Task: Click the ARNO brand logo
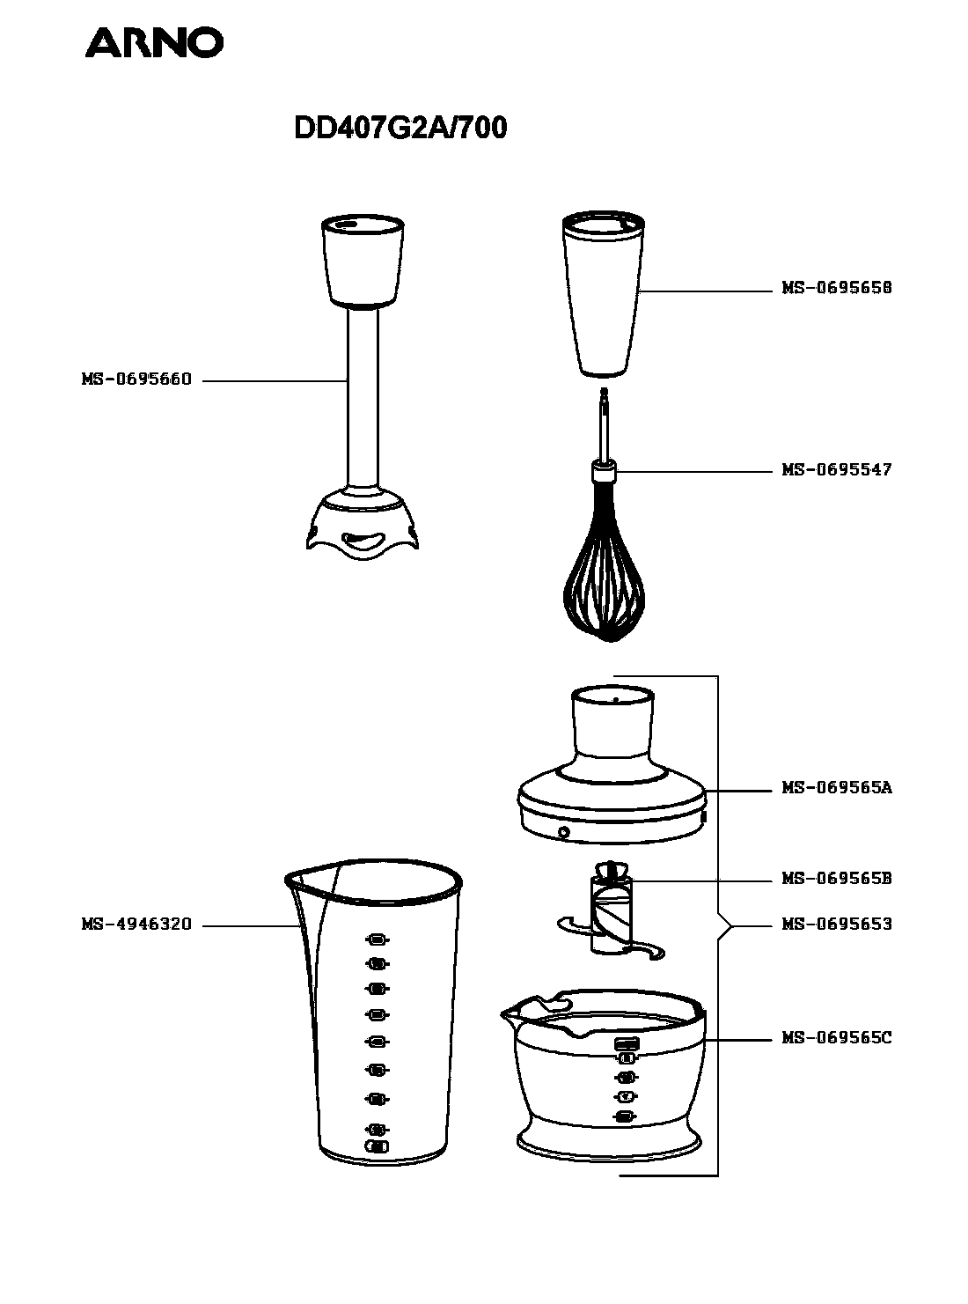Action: (153, 42)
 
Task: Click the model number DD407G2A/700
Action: (400, 129)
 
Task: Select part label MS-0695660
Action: (136, 380)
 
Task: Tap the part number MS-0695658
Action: (837, 288)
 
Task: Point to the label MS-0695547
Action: (837, 470)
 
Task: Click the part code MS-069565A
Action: (837, 788)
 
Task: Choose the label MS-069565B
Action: (837, 879)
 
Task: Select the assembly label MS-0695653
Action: (837, 925)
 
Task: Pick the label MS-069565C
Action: (837, 1038)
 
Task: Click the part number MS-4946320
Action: (136, 925)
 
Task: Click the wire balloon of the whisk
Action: (604, 581)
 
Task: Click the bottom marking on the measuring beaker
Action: (377, 1146)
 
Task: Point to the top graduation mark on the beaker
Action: (378, 939)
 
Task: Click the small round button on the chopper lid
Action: (563, 832)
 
